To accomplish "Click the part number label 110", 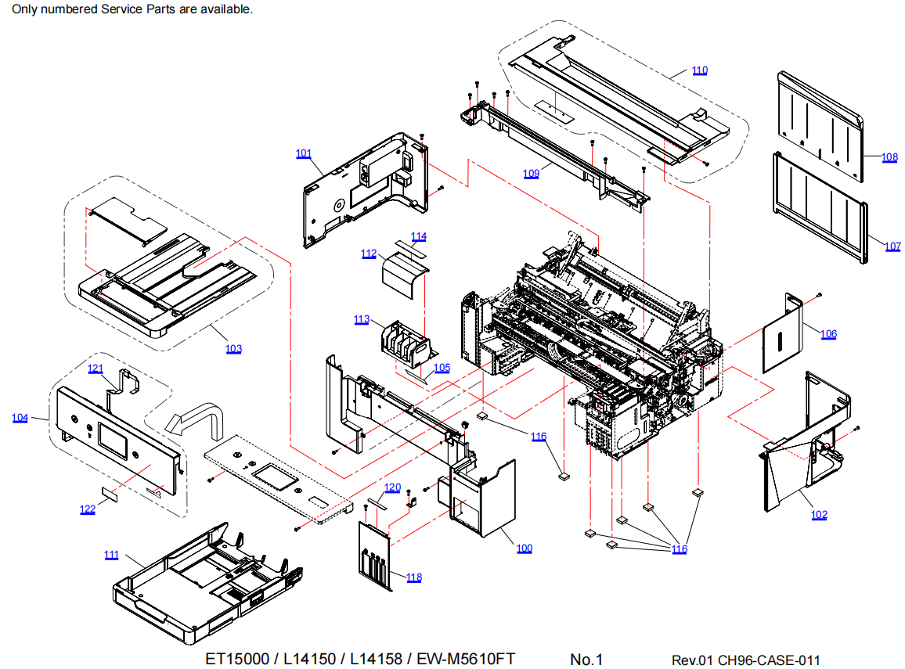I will (699, 70).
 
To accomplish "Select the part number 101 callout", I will (304, 153).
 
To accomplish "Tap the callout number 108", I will (889, 157).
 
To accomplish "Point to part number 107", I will (892, 246).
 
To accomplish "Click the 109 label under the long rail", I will (531, 174).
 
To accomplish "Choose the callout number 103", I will (233, 349).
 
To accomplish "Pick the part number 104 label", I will (20, 418).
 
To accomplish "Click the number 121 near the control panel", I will (95, 369).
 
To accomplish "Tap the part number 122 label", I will (87, 509).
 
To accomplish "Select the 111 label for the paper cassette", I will (112, 555).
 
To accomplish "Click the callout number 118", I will (414, 577).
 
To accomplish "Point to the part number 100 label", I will (524, 549).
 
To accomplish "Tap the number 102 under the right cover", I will (819, 515).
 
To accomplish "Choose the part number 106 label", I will (828, 334).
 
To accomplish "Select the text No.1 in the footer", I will (587, 660).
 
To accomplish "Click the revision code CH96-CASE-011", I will (769, 660).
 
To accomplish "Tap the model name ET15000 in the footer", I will (236, 659).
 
